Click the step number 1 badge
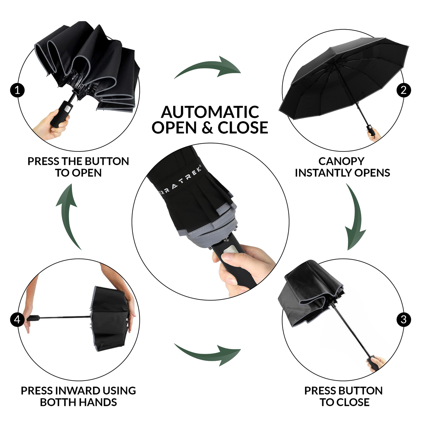click(17, 90)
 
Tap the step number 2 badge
click(404, 90)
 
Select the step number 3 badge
click(404, 320)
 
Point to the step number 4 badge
click(17, 320)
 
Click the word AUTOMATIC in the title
click(210, 112)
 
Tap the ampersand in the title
click(207, 128)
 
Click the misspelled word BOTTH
click(57, 402)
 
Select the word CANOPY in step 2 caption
click(341, 161)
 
